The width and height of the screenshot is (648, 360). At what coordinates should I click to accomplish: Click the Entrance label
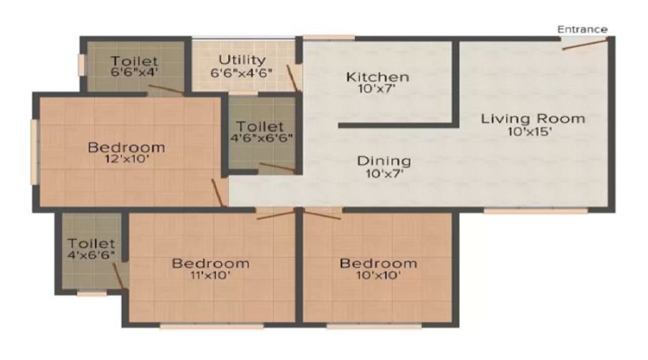(582, 30)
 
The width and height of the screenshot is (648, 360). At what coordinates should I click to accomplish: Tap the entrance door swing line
(585, 43)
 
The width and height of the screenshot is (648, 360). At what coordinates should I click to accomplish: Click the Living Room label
(533, 119)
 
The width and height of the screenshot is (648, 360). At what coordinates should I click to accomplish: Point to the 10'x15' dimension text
(530, 132)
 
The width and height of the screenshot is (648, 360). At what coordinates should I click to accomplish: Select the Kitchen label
(378, 77)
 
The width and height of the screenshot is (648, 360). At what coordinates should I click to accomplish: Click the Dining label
(384, 161)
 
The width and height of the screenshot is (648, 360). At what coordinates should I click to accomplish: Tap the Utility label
(242, 60)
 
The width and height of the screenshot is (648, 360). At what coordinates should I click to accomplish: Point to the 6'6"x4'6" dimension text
(241, 73)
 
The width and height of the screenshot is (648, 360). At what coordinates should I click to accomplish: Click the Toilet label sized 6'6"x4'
(135, 61)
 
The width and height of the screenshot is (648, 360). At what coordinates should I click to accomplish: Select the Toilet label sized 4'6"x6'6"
(260, 126)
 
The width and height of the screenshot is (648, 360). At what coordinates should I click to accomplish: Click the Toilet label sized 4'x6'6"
(91, 243)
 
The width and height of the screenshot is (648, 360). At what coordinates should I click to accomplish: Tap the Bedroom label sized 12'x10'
(127, 147)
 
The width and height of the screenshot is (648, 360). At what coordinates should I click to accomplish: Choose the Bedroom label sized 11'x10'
(211, 264)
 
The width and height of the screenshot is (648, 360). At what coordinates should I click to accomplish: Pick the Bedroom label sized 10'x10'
(378, 264)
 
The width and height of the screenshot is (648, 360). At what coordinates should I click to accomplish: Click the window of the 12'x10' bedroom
(35, 152)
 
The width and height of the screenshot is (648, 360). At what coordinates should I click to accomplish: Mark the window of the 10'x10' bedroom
(374, 326)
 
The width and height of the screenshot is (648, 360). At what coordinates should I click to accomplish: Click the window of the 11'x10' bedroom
(212, 326)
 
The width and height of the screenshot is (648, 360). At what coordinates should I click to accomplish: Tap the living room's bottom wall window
(536, 211)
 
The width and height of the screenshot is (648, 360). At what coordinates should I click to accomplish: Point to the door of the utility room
(292, 77)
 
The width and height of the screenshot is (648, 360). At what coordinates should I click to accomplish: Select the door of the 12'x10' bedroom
(217, 193)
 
